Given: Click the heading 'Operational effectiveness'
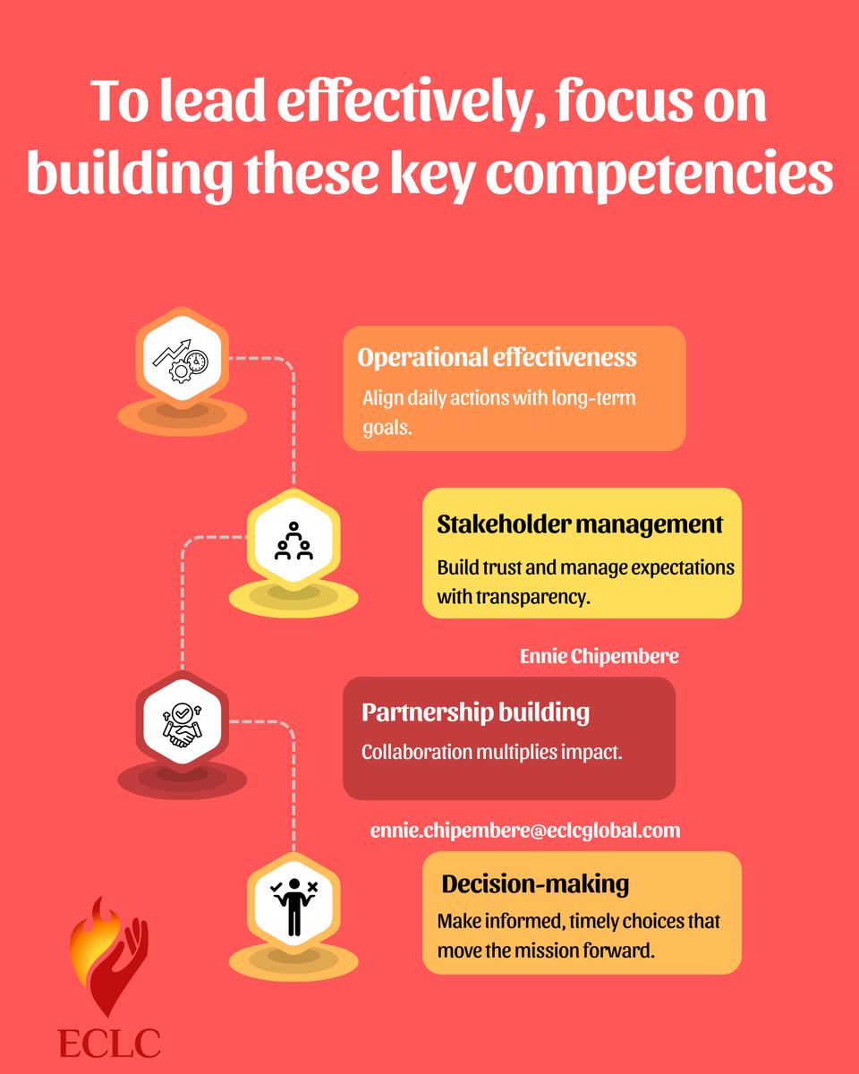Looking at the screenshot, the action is coord(497,358).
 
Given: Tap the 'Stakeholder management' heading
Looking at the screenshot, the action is coord(580,524).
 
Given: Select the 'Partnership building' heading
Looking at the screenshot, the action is coord(475,712).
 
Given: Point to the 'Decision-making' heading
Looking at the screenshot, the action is coord(535,884).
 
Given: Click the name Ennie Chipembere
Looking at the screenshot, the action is coord(599,656).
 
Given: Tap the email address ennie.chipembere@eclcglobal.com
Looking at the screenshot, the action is coord(525,831).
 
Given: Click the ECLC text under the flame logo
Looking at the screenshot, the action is coord(109,1043).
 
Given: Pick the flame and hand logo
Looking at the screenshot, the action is coord(109,957).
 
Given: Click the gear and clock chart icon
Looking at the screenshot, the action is coord(181,362).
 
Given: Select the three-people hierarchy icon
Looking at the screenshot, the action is coord(293,541).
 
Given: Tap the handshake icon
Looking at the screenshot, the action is coord(183,725).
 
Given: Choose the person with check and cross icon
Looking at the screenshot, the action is coord(294,907).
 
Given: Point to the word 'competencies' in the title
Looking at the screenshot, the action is coord(659,174).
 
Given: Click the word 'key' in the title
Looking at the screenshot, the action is coord(431,174).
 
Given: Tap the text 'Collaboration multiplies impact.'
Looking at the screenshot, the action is coord(491,752).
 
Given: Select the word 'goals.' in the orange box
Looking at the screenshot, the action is coord(387,428).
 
